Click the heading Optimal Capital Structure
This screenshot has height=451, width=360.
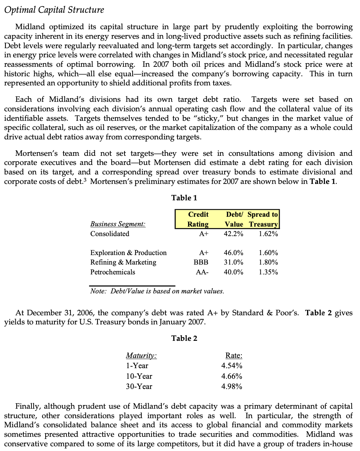click(x=54, y=10)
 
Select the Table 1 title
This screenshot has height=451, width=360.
click(x=184, y=198)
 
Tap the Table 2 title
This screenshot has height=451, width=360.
click(x=184, y=338)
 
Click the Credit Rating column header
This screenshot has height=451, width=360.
click(x=198, y=219)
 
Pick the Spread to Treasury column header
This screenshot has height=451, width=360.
click(x=263, y=219)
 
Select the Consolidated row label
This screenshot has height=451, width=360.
click(x=110, y=234)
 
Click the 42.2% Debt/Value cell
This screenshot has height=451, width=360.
click(x=233, y=234)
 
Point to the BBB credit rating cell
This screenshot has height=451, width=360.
click(x=201, y=262)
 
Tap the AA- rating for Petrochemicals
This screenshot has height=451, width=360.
click(x=202, y=272)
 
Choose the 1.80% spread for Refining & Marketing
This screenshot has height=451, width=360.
click(x=268, y=262)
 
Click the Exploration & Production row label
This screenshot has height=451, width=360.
click(x=128, y=253)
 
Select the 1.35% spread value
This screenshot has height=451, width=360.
click(x=268, y=272)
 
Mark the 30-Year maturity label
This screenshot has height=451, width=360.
click(x=139, y=387)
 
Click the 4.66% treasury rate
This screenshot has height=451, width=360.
click(x=231, y=376)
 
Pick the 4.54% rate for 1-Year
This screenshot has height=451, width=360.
click(x=231, y=366)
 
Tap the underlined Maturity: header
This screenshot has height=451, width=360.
click(x=141, y=355)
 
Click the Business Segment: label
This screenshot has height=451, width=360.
click(x=118, y=224)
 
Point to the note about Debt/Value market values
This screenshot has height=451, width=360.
click(x=157, y=291)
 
